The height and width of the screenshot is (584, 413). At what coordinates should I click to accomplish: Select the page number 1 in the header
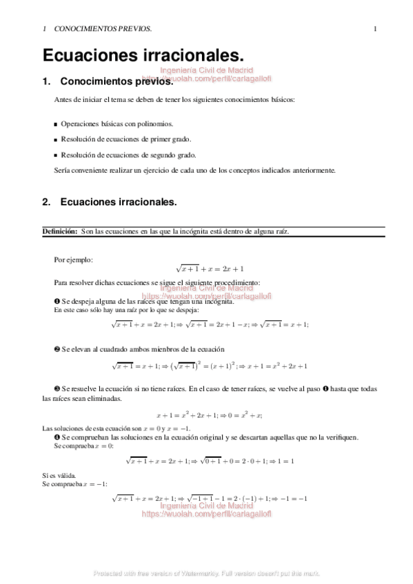pos(375,29)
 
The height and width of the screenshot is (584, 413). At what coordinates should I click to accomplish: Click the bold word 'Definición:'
pos(60,232)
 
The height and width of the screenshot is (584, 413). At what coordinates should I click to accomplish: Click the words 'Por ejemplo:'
pos(73,260)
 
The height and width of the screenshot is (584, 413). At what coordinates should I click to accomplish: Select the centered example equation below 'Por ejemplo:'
pos(210,269)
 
